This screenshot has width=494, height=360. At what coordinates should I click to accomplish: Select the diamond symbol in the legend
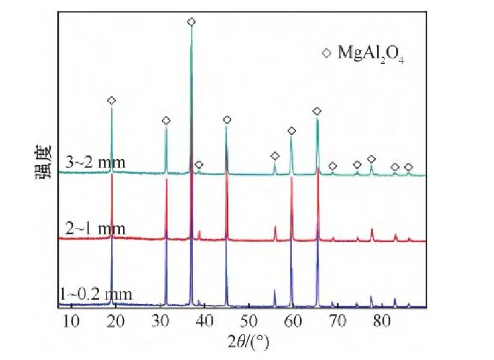326,54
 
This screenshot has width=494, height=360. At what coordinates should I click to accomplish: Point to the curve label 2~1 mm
95,229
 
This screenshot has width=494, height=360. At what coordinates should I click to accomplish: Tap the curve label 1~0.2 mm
96,295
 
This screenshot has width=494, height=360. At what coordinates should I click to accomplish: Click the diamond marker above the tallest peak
192,22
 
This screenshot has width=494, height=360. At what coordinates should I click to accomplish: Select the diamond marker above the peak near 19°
111,100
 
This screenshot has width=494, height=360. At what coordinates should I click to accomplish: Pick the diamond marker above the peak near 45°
227,119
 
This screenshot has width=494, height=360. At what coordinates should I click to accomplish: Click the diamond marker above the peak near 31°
166,121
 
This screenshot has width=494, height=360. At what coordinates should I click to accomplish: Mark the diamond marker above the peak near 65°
317,111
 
